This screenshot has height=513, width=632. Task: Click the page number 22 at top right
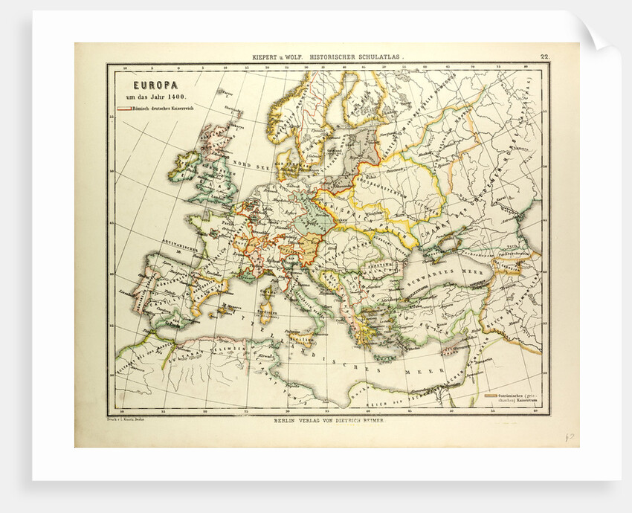tap(544, 57)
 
